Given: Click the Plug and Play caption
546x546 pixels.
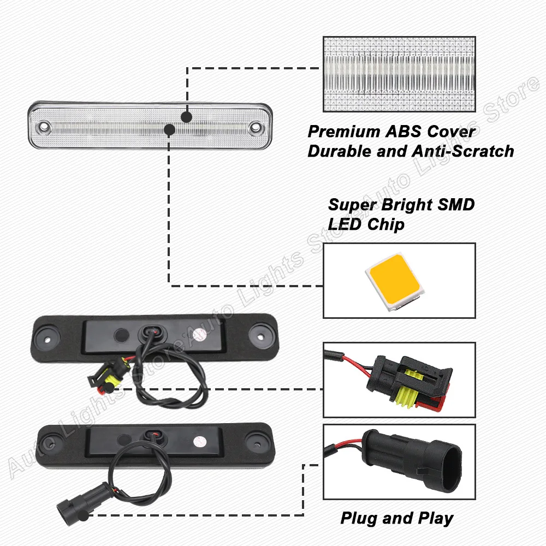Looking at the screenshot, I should pyautogui.click(x=397, y=518).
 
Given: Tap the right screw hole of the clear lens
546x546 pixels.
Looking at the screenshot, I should pyautogui.click(x=254, y=128).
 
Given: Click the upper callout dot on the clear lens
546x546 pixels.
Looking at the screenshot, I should pyautogui.click(x=187, y=117).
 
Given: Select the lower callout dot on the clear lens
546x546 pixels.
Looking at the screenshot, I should pyautogui.click(x=169, y=130).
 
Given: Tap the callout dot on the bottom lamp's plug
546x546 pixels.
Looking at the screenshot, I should pyautogui.click(x=82, y=515).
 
